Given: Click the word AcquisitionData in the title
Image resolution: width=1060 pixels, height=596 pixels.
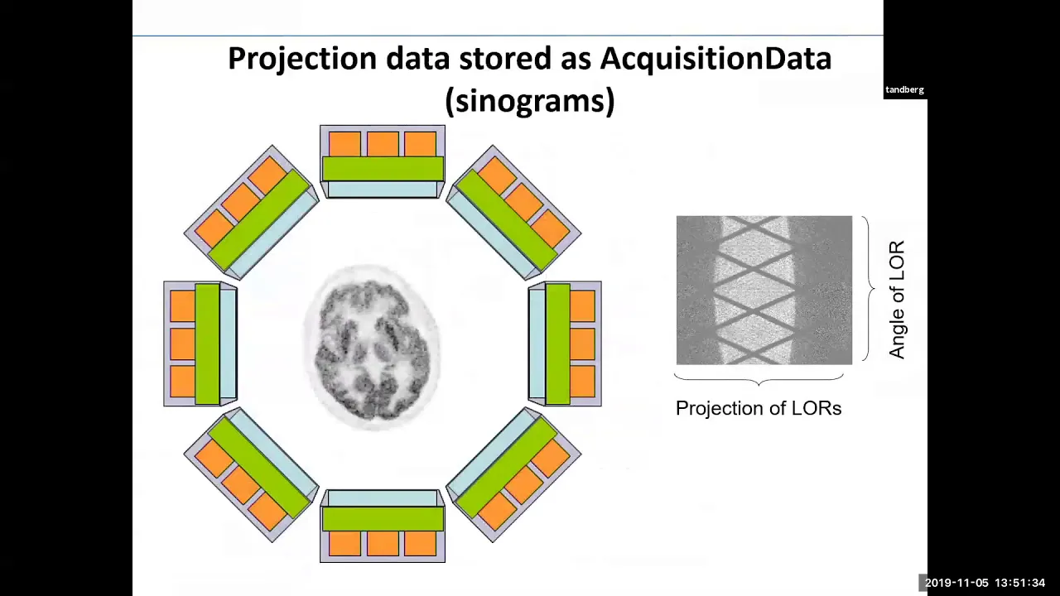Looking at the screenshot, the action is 715,59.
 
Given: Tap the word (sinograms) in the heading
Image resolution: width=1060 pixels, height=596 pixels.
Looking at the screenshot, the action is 530,100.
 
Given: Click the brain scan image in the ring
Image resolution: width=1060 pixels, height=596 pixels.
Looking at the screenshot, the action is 373,348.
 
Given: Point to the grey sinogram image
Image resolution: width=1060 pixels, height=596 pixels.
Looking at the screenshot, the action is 764,290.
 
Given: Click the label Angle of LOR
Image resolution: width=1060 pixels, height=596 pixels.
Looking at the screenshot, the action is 897,300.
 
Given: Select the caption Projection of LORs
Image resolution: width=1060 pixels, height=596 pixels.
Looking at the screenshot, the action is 759,408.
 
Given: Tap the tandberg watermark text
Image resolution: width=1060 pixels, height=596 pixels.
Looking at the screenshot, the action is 904,90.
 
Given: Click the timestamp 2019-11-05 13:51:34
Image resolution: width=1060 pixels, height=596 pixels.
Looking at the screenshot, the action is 985,583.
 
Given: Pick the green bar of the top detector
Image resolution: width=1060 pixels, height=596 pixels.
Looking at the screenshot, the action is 383,168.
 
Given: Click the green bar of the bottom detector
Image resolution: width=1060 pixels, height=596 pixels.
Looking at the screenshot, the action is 383,519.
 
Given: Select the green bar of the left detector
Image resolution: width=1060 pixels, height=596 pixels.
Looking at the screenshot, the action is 207,344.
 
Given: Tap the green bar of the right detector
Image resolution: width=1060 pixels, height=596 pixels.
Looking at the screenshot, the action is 558,344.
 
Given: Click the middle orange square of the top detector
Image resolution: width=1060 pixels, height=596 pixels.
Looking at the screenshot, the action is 383,144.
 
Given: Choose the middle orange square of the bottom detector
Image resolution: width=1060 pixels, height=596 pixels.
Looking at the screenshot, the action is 383,544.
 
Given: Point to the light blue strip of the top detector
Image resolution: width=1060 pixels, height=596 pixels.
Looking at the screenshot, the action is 383,189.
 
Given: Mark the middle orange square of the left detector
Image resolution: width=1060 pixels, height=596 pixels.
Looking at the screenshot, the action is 183,344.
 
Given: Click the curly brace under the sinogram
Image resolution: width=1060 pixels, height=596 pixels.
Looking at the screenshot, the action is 759,379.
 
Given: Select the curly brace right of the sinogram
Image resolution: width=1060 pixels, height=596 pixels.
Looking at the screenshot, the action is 869,289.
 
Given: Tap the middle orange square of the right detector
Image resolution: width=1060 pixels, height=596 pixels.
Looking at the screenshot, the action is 582,344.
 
